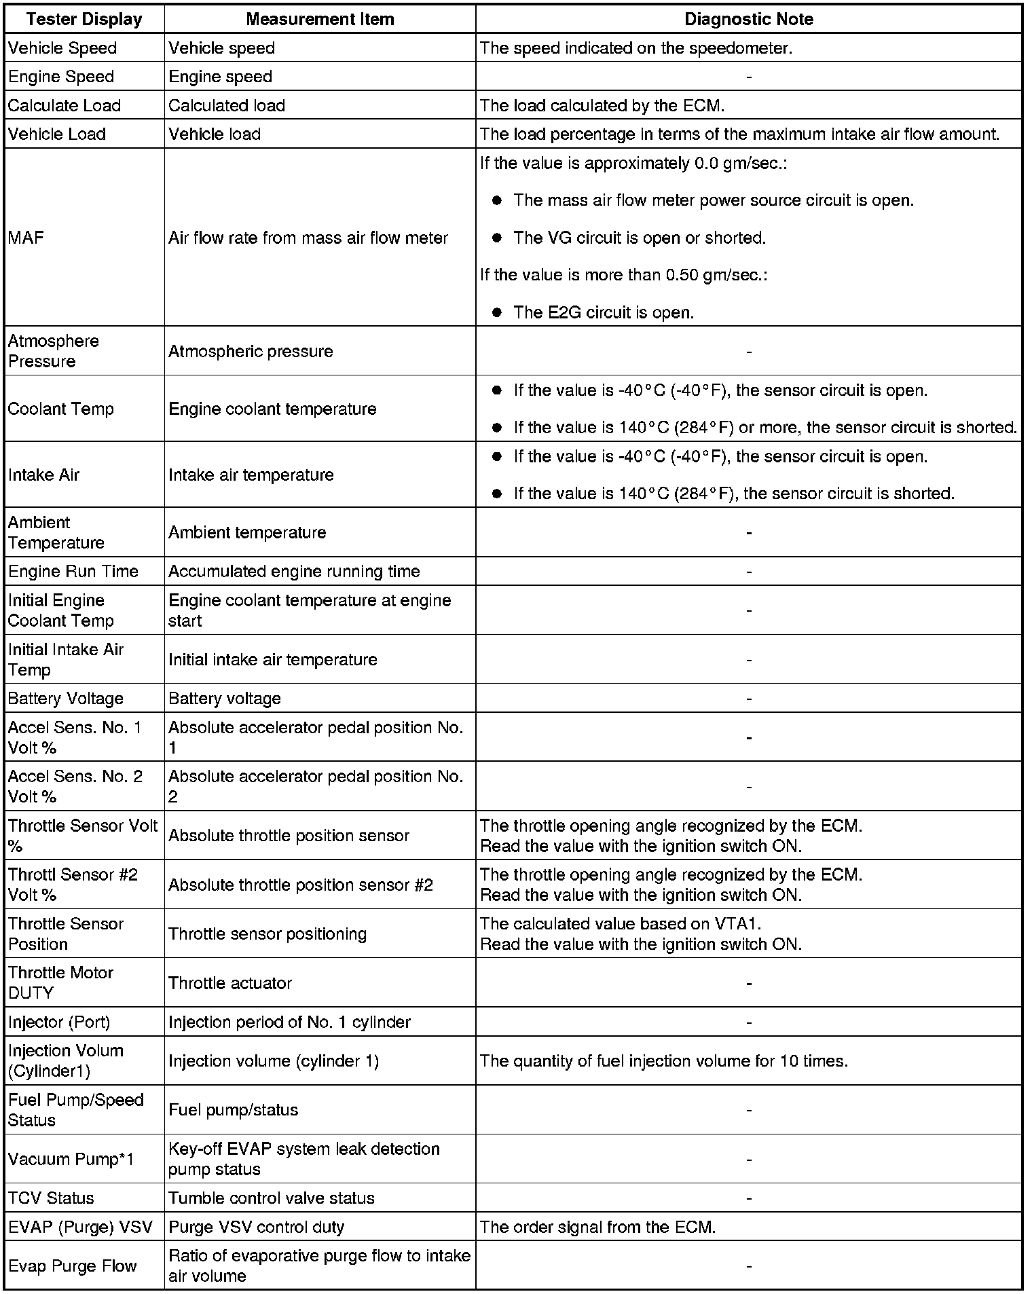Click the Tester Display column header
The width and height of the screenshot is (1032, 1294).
tap(84, 19)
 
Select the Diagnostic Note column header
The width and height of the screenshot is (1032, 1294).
tap(748, 19)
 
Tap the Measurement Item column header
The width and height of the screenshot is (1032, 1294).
tap(320, 19)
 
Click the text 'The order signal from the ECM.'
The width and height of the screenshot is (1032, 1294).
tap(597, 1227)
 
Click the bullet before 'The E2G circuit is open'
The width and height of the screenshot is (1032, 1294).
tap(497, 312)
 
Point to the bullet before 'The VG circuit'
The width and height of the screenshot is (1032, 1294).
tap(497, 238)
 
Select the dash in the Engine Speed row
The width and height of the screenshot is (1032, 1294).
tap(748, 77)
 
